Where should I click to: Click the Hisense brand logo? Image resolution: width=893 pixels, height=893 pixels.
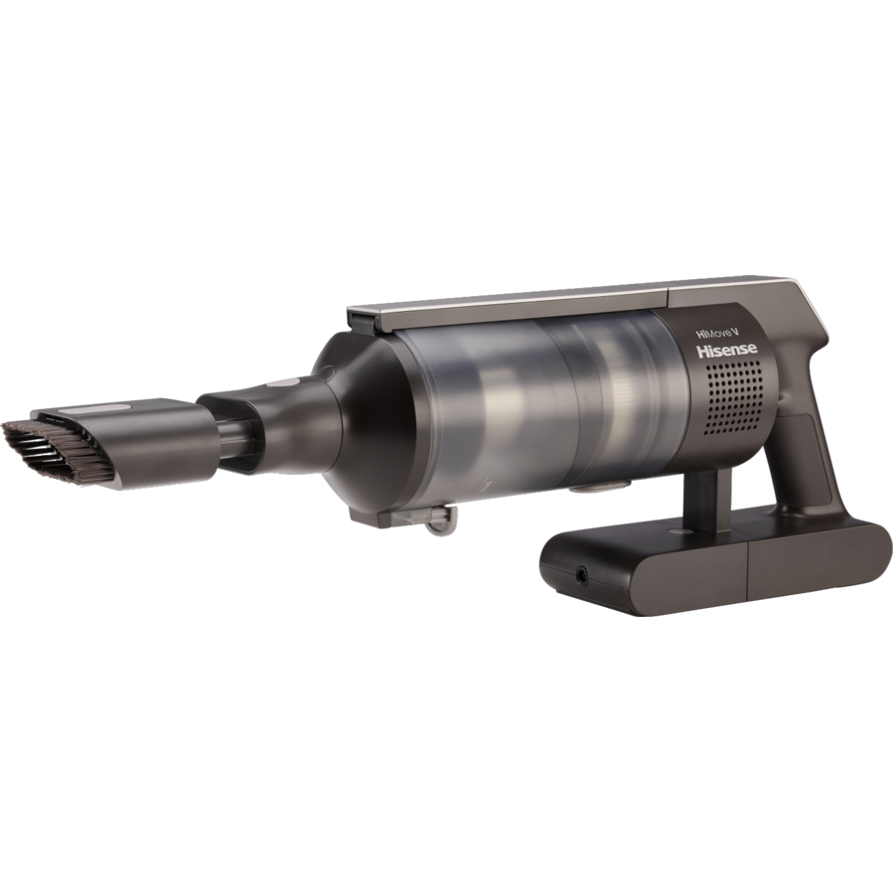(726, 351)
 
